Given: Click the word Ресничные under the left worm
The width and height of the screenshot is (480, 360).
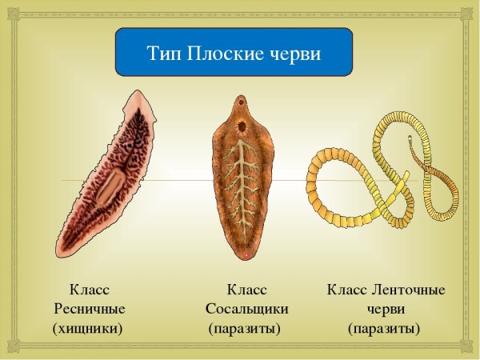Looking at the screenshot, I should click(89, 308).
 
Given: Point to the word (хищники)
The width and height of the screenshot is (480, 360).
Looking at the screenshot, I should click(87, 327).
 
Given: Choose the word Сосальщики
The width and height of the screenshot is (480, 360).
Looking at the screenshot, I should click(246, 308).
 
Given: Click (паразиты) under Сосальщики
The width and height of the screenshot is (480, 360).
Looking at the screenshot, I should click(244, 327).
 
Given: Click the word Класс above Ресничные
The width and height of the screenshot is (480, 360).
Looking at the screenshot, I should click(89, 289).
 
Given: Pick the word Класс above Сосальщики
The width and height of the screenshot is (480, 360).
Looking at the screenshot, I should click(246, 289).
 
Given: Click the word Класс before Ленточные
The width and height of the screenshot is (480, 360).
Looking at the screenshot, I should click(346, 289).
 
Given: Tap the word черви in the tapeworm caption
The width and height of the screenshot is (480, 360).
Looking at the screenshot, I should click(386, 308).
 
